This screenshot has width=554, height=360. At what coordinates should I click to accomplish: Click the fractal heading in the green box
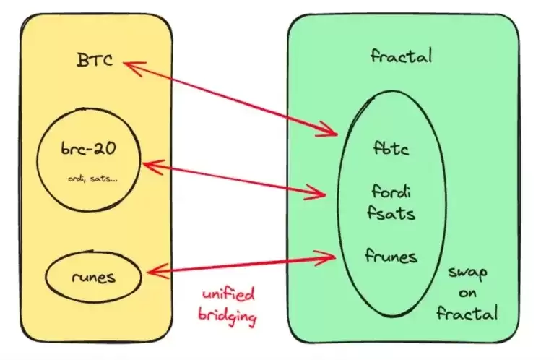[x=401, y=55]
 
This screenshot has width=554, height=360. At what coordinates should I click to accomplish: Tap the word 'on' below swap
[x=468, y=293]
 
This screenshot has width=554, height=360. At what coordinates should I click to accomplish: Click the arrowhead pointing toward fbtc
[x=333, y=132]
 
